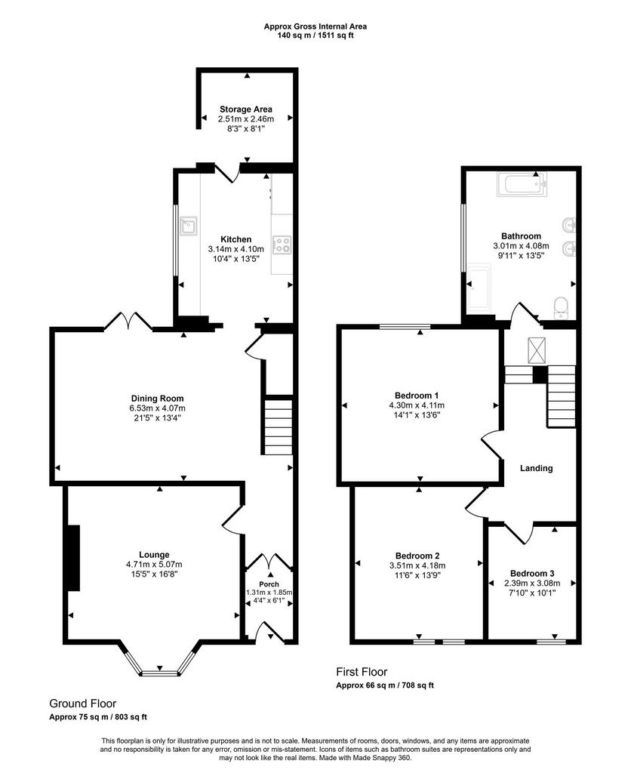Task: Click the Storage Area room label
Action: (245, 109)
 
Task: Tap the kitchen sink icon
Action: (189, 226)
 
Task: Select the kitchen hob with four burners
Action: (282, 245)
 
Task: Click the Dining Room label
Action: (157, 399)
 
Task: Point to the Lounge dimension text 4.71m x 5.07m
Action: (154, 565)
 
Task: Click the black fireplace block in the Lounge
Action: (73, 558)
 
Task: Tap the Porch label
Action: (269, 584)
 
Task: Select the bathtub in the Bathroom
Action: (522, 184)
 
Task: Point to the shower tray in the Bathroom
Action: (479, 289)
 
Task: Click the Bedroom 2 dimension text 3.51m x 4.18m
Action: (417, 565)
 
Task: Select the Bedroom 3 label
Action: (532, 574)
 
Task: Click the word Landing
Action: (537, 468)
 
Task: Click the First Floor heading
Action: (362, 671)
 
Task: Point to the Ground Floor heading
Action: (83, 704)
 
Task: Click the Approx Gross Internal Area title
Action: (315, 26)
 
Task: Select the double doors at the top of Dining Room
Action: (128, 320)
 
